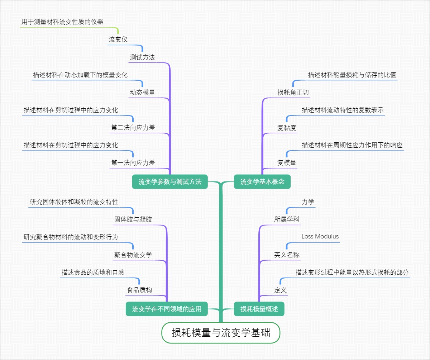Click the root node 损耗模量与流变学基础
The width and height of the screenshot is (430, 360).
(221, 333)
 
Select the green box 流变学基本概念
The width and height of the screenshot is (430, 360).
(262, 182)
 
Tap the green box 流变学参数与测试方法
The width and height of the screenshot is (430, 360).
(170, 182)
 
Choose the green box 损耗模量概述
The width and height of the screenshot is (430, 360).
(259, 309)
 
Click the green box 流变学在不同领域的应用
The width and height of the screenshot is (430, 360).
(167, 309)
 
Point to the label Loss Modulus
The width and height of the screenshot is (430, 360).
(320, 236)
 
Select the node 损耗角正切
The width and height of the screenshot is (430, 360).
(293, 93)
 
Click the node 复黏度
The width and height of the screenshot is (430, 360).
(287, 128)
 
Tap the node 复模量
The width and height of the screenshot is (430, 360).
(287, 163)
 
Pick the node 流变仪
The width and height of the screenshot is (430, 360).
(118, 39)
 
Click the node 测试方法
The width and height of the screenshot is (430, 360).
(142, 57)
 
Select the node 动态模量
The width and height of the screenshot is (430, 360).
(142, 93)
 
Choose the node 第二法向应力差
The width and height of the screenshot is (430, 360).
(133, 128)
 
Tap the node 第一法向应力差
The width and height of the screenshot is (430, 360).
(133, 163)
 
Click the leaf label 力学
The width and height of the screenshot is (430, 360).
(308, 202)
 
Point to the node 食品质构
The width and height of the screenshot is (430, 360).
(139, 290)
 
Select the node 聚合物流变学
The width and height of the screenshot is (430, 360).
(133, 255)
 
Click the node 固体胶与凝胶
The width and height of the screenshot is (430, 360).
(133, 219)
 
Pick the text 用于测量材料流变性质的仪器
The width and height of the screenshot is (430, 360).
(62, 22)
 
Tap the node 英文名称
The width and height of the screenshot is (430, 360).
(287, 255)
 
